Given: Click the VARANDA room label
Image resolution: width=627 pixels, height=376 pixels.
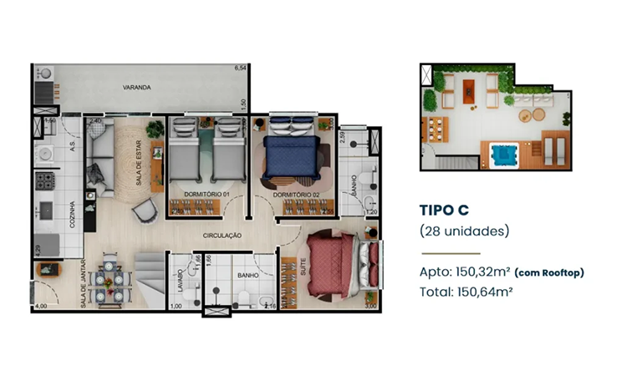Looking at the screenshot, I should click(136, 87).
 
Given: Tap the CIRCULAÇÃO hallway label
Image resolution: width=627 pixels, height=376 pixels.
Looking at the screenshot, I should click(222, 236).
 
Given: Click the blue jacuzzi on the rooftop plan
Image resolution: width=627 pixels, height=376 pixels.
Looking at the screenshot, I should click(502, 156).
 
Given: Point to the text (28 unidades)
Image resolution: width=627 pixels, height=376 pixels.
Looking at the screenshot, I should click(463, 230).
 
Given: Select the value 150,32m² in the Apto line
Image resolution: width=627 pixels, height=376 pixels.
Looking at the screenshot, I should click(482, 272).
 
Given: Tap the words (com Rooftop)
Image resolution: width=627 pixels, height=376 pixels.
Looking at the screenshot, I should click(548, 272).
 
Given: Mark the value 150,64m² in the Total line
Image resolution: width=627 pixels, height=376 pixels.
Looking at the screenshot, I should click(486, 292).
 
